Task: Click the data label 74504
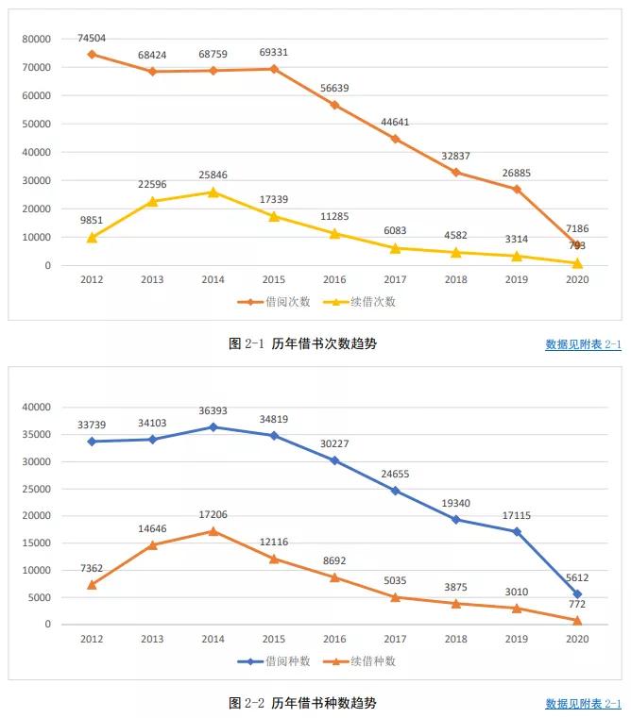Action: [92, 38]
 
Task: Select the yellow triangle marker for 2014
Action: [213, 192]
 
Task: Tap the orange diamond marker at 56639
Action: [334, 105]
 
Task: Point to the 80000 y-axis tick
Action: [37, 39]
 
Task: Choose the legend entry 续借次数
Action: [367, 302]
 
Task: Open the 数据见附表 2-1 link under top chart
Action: [583, 344]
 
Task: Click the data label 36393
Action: [213, 411]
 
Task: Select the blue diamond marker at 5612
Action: [577, 594]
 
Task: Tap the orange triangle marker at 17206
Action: [213, 531]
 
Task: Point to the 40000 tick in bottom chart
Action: [37, 408]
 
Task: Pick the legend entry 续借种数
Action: [367, 661]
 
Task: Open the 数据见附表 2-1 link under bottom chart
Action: [583, 703]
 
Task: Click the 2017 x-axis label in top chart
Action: [395, 280]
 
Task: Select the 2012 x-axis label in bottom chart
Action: [92, 639]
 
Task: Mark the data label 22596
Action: [152, 185]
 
